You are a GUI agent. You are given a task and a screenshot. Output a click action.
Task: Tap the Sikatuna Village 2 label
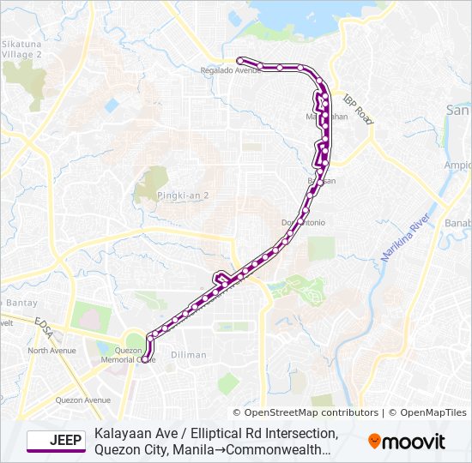[23, 48]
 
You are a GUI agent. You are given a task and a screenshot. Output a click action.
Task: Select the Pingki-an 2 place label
[183, 195]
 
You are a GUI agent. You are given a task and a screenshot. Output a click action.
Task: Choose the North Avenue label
[51, 351]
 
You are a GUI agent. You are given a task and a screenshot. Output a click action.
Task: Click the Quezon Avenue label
[82, 400]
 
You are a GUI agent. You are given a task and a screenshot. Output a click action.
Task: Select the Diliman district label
[189, 355]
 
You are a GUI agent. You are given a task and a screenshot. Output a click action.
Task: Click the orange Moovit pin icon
[374, 441]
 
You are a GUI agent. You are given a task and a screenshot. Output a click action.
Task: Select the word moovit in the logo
[414, 442]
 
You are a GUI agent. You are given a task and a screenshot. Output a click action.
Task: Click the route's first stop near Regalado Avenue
[240, 60]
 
